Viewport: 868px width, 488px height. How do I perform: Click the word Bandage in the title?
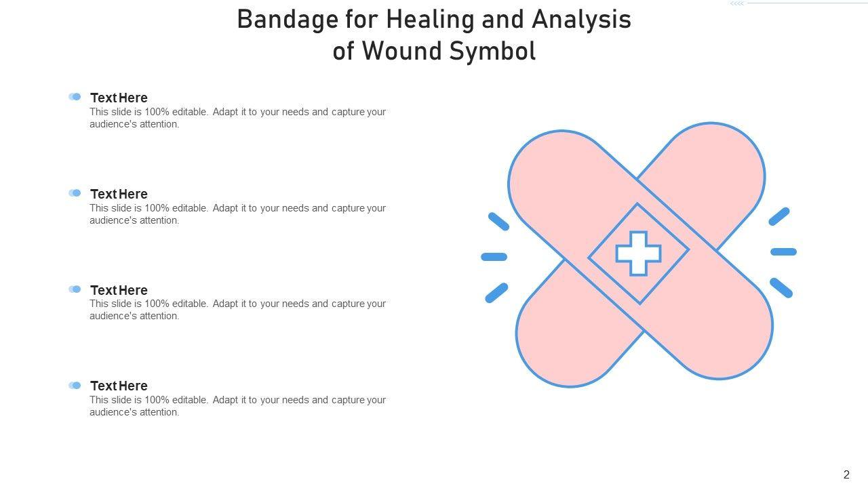coord(288,20)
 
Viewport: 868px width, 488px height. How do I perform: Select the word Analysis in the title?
coord(581,20)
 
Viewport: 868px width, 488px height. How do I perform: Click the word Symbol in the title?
coord(492,52)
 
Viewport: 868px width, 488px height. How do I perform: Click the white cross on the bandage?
coord(638,253)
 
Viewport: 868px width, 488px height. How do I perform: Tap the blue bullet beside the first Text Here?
coord(75,96)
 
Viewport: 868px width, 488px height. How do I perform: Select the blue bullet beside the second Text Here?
coord(75,193)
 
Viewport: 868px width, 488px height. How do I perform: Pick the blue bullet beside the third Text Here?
coord(75,289)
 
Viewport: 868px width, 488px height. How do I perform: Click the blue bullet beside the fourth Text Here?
coord(75,385)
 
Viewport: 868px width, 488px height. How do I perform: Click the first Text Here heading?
coord(119,98)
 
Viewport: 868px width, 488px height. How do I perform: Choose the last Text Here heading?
coord(119,386)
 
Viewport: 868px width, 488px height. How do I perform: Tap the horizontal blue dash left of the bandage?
coord(494,256)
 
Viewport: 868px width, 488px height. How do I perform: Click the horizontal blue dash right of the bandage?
coord(783,251)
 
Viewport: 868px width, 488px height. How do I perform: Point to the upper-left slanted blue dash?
coord(498,222)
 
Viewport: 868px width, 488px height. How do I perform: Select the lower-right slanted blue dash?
coord(781,288)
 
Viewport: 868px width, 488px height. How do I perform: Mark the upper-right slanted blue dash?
coord(779,216)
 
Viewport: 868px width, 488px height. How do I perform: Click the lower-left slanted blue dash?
coord(497,293)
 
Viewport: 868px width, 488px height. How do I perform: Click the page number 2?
coord(846,474)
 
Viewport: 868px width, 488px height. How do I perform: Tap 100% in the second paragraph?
coord(157,208)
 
